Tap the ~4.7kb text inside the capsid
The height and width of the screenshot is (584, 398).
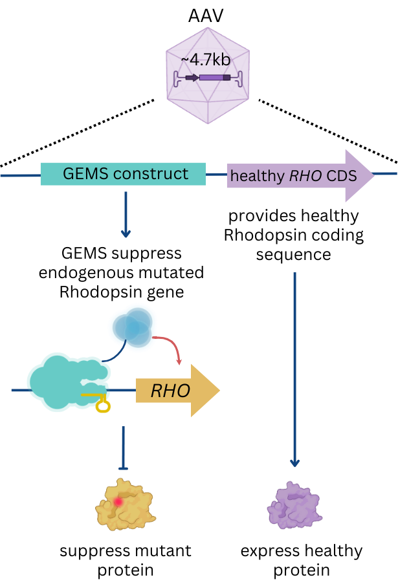pyautogui.click(x=206, y=59)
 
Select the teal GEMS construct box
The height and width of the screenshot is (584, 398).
pyautogui.click(x=123, y=174)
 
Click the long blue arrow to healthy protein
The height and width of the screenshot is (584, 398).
pyautogui.click(x=295, y=369)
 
